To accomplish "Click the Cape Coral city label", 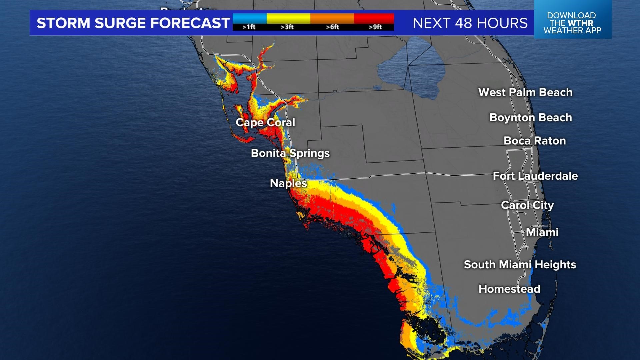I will (x=265, y=122).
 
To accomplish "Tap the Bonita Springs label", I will (x=290, y=153).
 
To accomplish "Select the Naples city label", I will (x=288, y=183).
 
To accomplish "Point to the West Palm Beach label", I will (x=525, y=92).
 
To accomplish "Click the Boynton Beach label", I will (x=530, y=117).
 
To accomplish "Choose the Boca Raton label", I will (x=535, y=141).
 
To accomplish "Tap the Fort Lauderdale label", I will (x=535, y=176).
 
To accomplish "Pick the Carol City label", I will (x=527, y=205).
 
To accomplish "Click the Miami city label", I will (x=542, y=232).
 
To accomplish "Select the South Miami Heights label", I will (x=520, y=264).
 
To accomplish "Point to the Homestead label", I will (x=509, y=289).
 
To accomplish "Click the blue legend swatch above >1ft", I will (x=249, y=18).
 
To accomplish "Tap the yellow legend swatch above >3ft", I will (x=288, y=18).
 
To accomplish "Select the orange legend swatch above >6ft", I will (x=332, y=18).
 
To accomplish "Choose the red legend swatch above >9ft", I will (x=374, y=18).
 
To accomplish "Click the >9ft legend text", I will (x=375, y=27).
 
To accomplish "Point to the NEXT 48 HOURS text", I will (x=470, y=23).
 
